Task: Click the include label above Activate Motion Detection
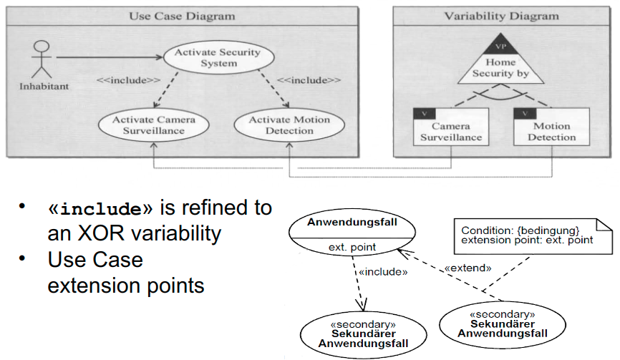(308, 79)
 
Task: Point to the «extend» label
(468, 268)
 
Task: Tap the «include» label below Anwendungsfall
(383, 272)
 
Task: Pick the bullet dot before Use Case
(24, 256)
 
